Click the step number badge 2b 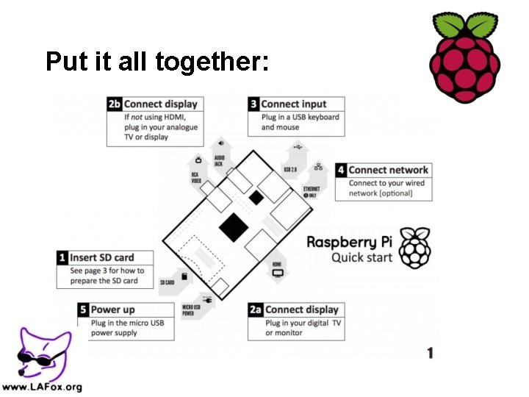115,104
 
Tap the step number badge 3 253,104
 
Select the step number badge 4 342,170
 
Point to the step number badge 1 63,257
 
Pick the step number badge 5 84,310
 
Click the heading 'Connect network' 389,170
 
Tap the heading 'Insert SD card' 102,257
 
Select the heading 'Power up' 113,310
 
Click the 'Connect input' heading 294,104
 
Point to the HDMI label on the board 277,264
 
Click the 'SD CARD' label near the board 168,282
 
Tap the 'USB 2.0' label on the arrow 291,170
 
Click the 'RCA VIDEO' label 196,177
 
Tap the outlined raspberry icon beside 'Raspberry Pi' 418,248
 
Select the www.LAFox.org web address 42,387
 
